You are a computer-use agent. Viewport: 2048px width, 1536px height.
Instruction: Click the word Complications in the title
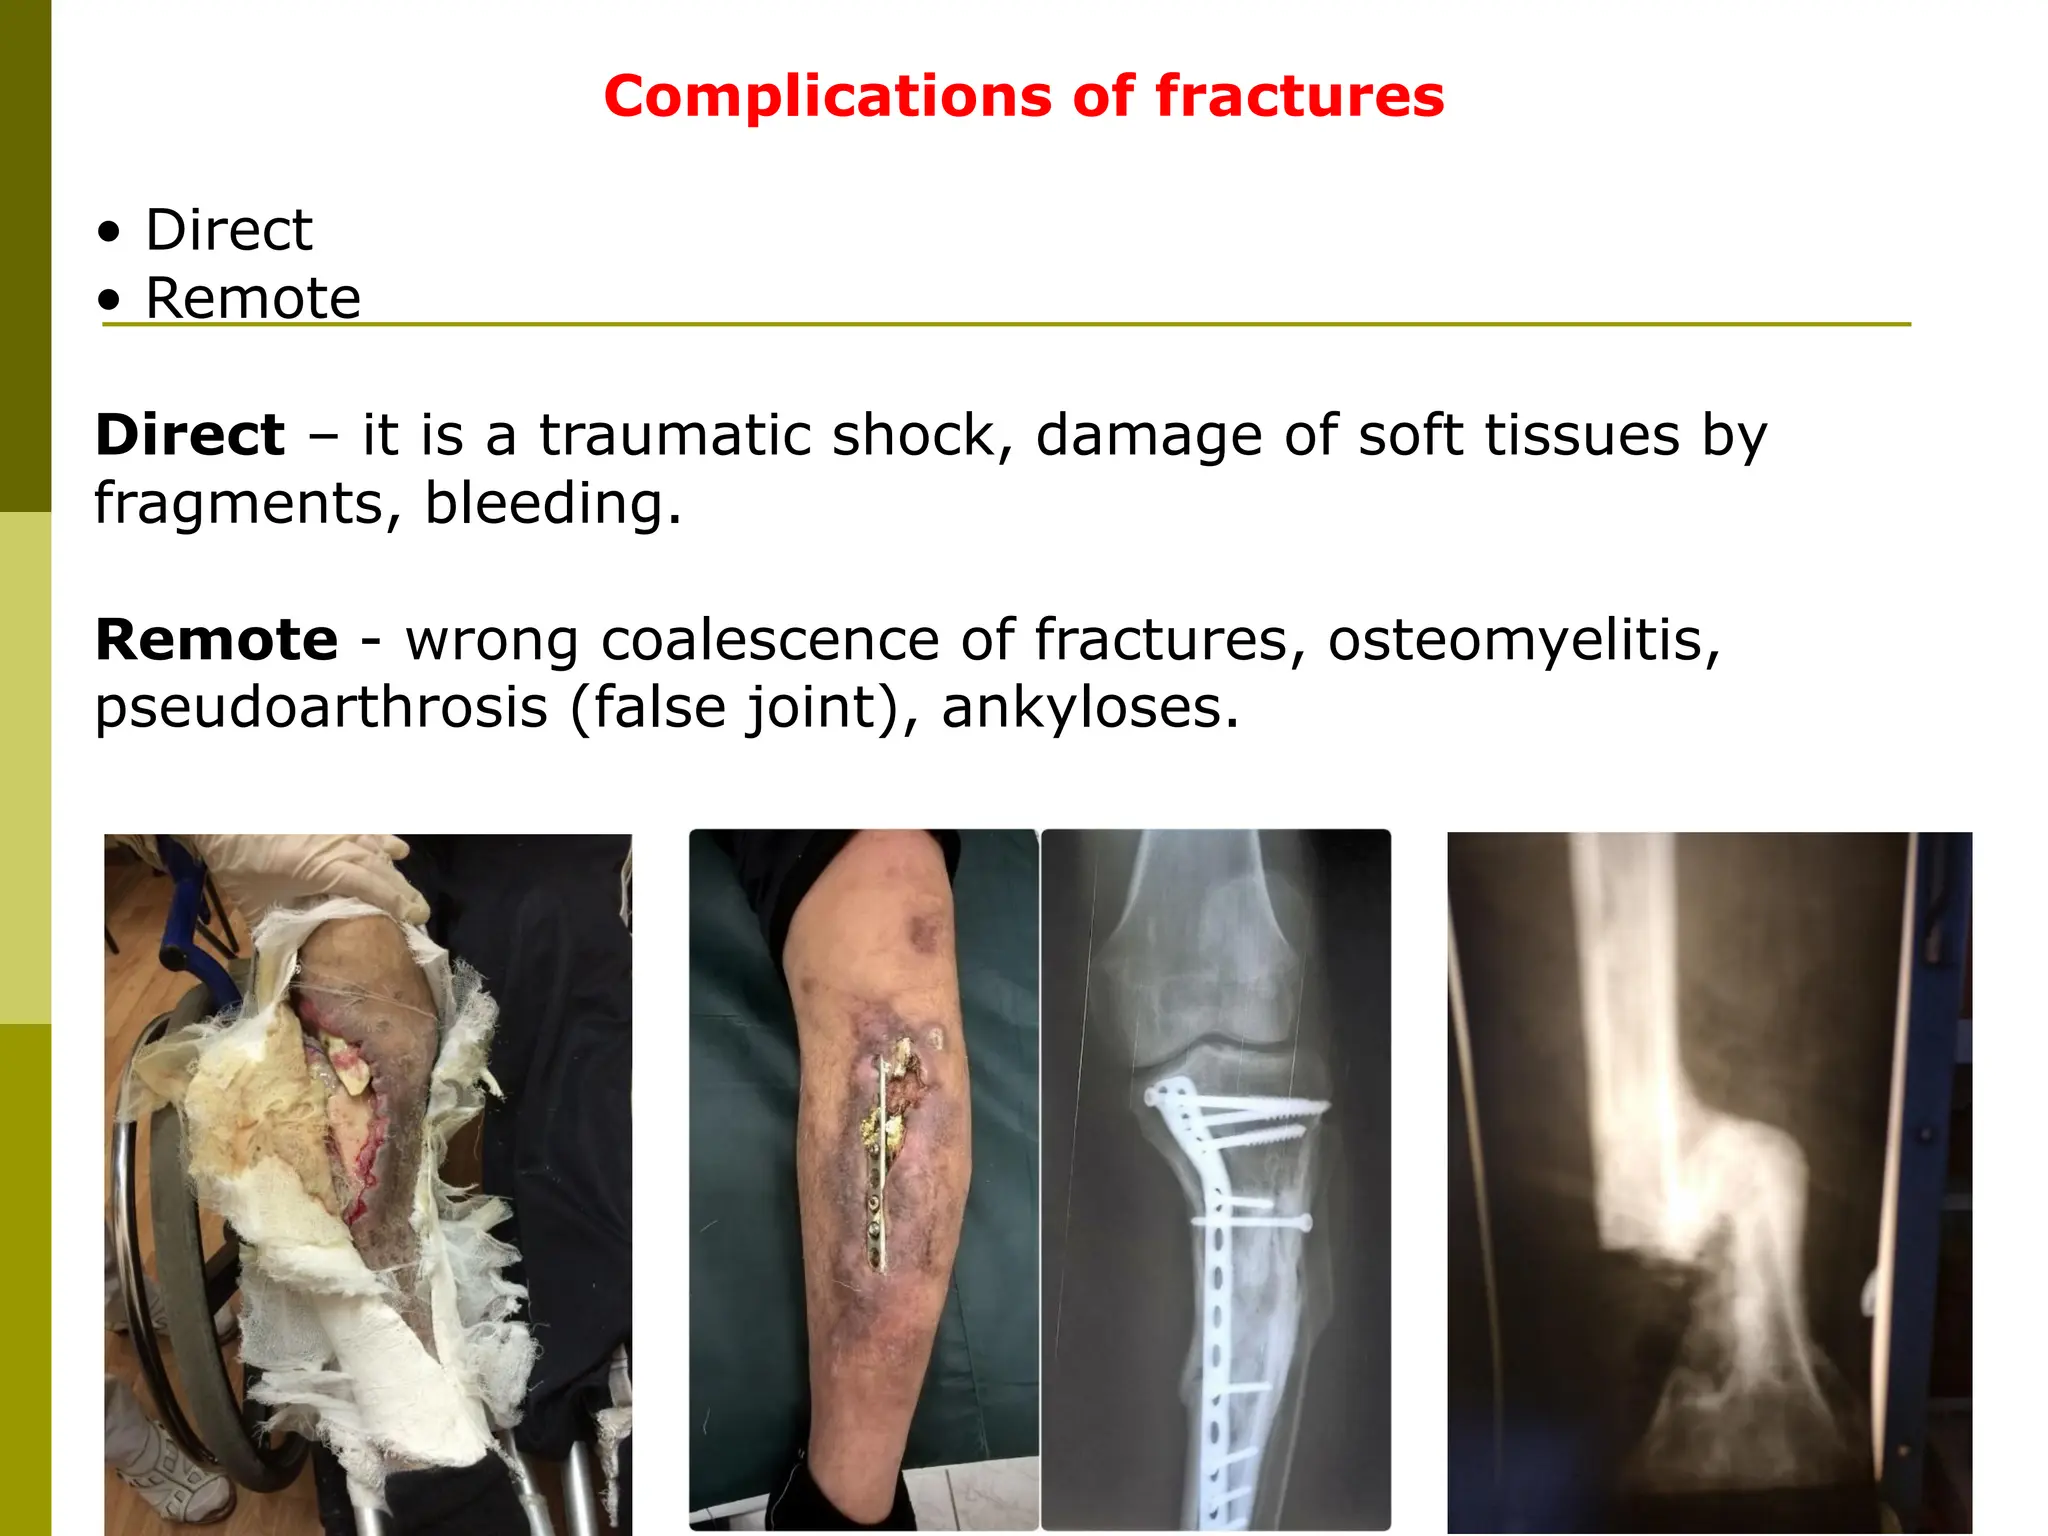click(x=827, y=97)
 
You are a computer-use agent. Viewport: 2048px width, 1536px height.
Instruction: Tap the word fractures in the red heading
click(x=1299, y=97)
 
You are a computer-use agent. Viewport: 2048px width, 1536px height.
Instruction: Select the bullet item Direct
click(x=228, y=230)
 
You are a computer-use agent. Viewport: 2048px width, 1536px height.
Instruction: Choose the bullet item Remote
click(x=252, y=298)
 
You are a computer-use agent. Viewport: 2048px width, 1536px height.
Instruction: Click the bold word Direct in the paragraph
click(x=190, y=435)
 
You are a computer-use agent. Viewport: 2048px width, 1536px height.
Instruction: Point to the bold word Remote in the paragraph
click(x=216, y=640)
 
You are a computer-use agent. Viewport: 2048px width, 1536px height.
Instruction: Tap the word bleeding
click(x=552, y=503)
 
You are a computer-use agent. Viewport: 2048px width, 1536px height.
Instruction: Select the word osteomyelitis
click(x=1523, y=640)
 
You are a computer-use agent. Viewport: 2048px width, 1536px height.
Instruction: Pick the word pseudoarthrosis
click(x=321, y=708)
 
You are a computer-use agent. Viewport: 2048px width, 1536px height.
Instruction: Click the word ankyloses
click(x=1089, y=708)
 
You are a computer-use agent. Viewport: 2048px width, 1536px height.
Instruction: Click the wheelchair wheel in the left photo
click(x=140, y=1200)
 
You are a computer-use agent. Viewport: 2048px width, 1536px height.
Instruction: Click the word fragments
click(x=238, y=503)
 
